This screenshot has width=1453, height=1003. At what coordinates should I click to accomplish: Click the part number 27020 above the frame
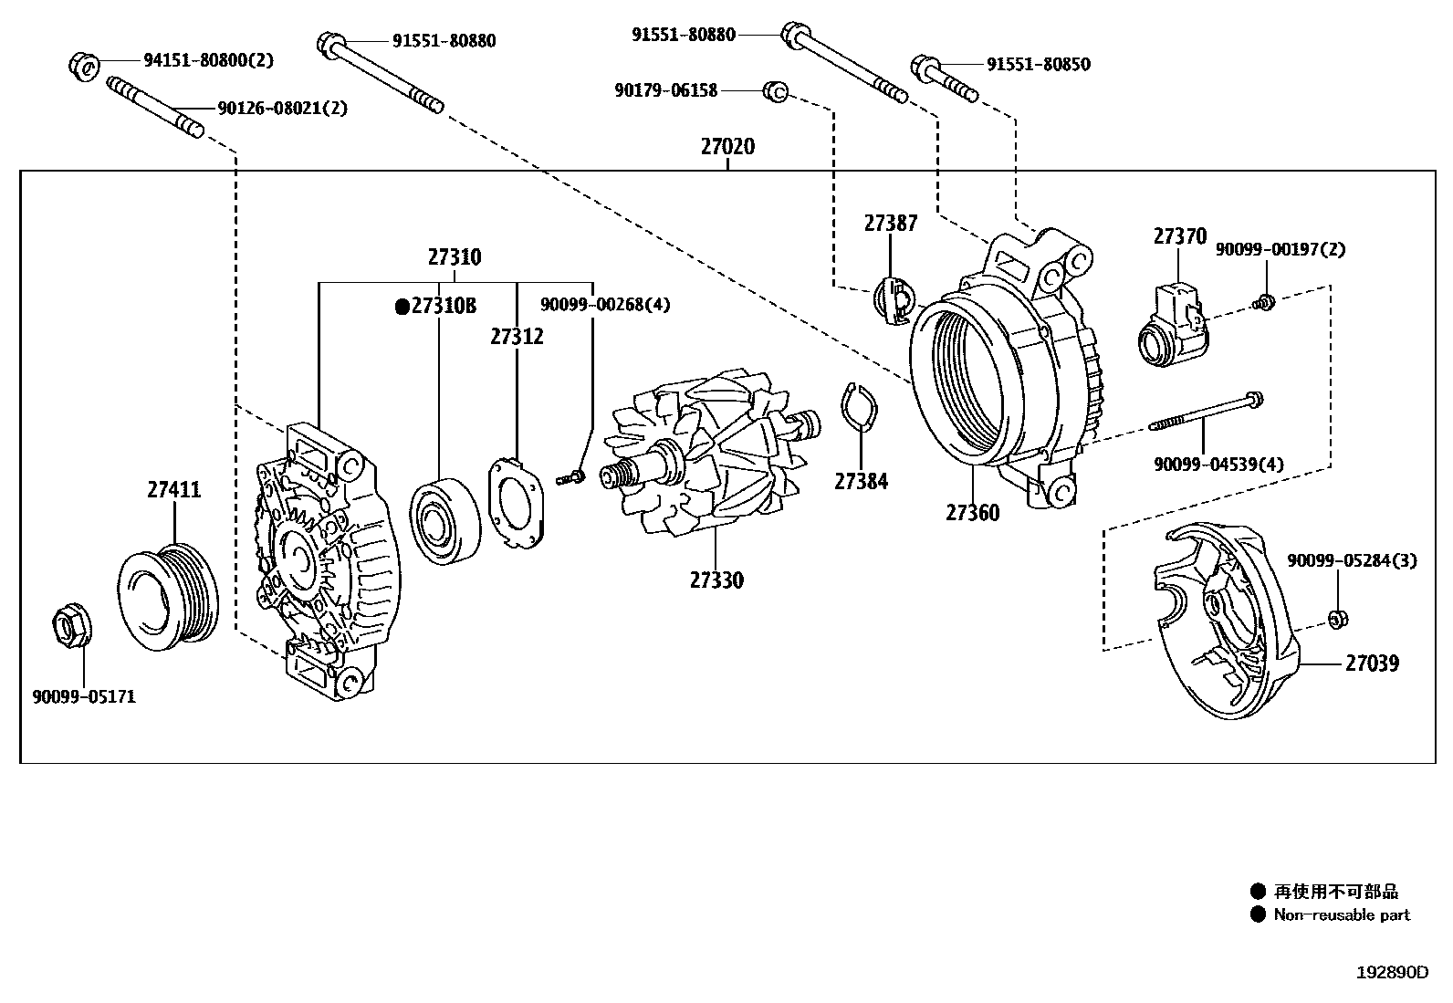pos(727,146)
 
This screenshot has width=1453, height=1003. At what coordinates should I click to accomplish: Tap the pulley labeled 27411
pos(170,598)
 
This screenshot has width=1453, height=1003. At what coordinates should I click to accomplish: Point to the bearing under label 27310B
pos(444,518)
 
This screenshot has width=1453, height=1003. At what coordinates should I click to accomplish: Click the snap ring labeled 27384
pos(858,407)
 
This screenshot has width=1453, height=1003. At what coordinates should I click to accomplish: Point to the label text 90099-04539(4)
pos(1218,465)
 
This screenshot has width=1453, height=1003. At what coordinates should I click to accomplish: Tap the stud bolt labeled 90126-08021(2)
pos(155,109)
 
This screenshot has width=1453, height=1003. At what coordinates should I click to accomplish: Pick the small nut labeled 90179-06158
pos(776,90)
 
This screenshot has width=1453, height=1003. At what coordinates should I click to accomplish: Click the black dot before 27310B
pos(402,307)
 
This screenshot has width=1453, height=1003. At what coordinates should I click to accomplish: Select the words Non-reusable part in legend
pos(1342,914)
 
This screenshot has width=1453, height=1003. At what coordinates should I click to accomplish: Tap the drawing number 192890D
pos(1391,972)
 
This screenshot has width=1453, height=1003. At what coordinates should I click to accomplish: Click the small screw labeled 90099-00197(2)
pos(1265,301)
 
